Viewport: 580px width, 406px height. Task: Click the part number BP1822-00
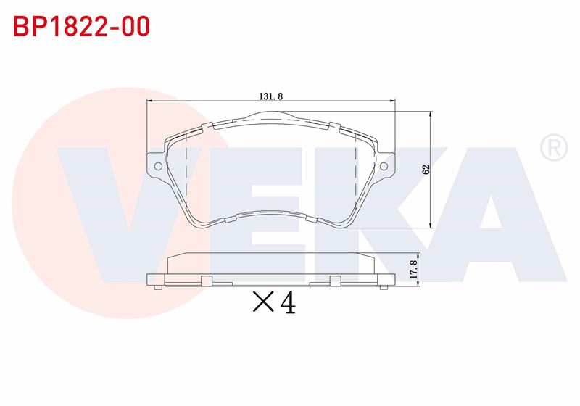click(x=81, y=26)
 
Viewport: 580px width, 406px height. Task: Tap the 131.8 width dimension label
click(x=270, y=96)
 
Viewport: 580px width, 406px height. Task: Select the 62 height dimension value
click(x=426, y=170)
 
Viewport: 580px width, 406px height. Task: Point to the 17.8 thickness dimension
click(x=413, y=269)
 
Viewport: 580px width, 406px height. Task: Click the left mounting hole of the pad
click(x=158, y=166)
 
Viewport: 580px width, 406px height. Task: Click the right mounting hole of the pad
click(x=384, y=166)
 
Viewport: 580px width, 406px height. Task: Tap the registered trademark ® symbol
click(x=554, y=147)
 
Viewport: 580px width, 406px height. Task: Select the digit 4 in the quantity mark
click(x=288, y=303)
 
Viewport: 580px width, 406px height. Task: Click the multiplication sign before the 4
click(x=263, y=302)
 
